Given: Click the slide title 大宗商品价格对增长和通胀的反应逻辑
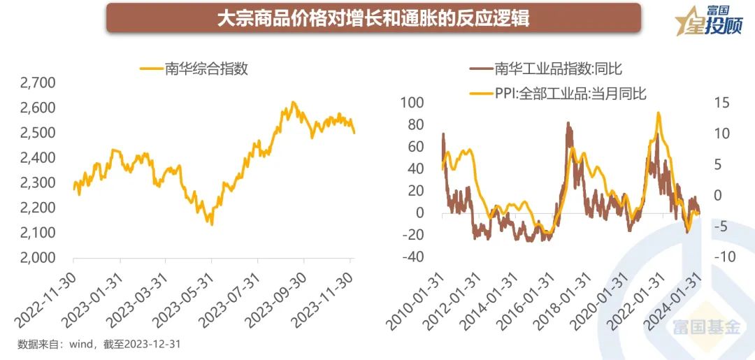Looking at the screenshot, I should [373, 17].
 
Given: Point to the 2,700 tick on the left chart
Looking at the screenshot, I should [38, 83].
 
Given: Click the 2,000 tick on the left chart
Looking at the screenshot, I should [38, 257].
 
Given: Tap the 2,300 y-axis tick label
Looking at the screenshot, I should [38, 182].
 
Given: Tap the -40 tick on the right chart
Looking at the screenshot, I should [412, 257].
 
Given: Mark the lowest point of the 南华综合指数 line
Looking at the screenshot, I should [211, 224].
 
